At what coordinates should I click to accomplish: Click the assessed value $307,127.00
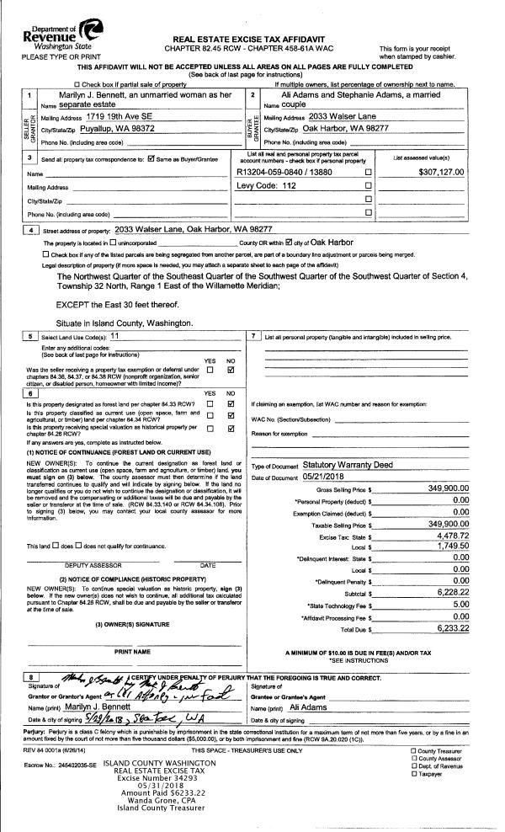453,172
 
